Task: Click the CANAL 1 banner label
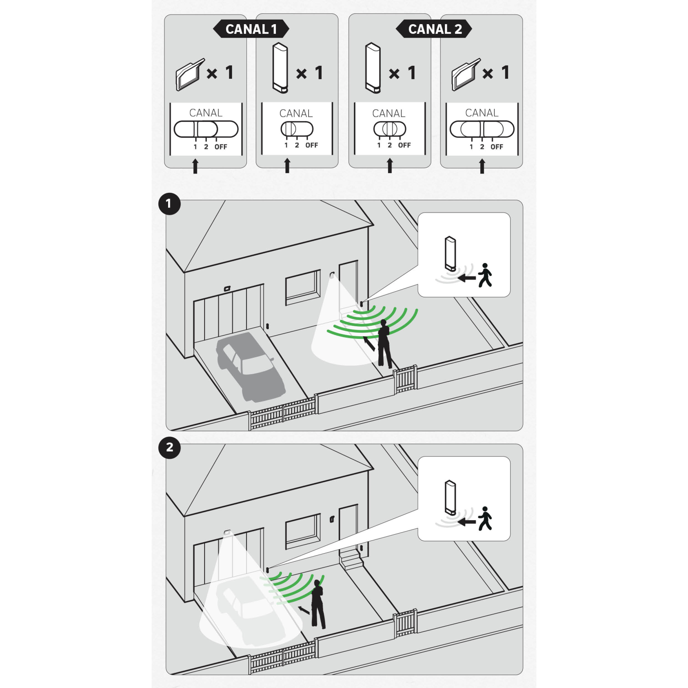[251, 29]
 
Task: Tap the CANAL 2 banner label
[434, 29]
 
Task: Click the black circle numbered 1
[169, 204]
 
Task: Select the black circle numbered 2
[169, 447]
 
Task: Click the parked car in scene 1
[250, 367]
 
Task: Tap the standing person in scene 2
[318, 604]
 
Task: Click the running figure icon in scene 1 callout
[485, 275]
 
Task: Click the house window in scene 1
[303, 287]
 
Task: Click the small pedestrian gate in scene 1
[405, 380]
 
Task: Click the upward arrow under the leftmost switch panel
[195, 166]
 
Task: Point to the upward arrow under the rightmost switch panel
[482, 166]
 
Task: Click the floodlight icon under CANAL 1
[190, 74]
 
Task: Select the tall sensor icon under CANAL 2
[373, 68]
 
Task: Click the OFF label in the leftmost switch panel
[221, 147]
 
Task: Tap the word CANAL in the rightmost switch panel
[482, 113]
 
